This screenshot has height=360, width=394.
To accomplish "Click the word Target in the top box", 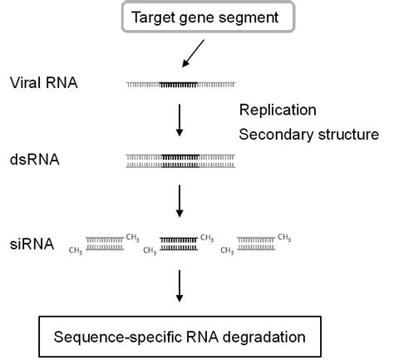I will click(157, 17).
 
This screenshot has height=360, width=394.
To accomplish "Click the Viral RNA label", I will click(43, 84).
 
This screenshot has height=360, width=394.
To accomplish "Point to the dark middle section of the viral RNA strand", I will click(180, 85).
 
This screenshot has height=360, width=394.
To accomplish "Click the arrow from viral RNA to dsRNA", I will click(180, 119).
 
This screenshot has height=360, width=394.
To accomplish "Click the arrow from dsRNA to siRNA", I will click(180, 199).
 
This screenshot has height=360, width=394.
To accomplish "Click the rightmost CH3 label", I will click(284, 237).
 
